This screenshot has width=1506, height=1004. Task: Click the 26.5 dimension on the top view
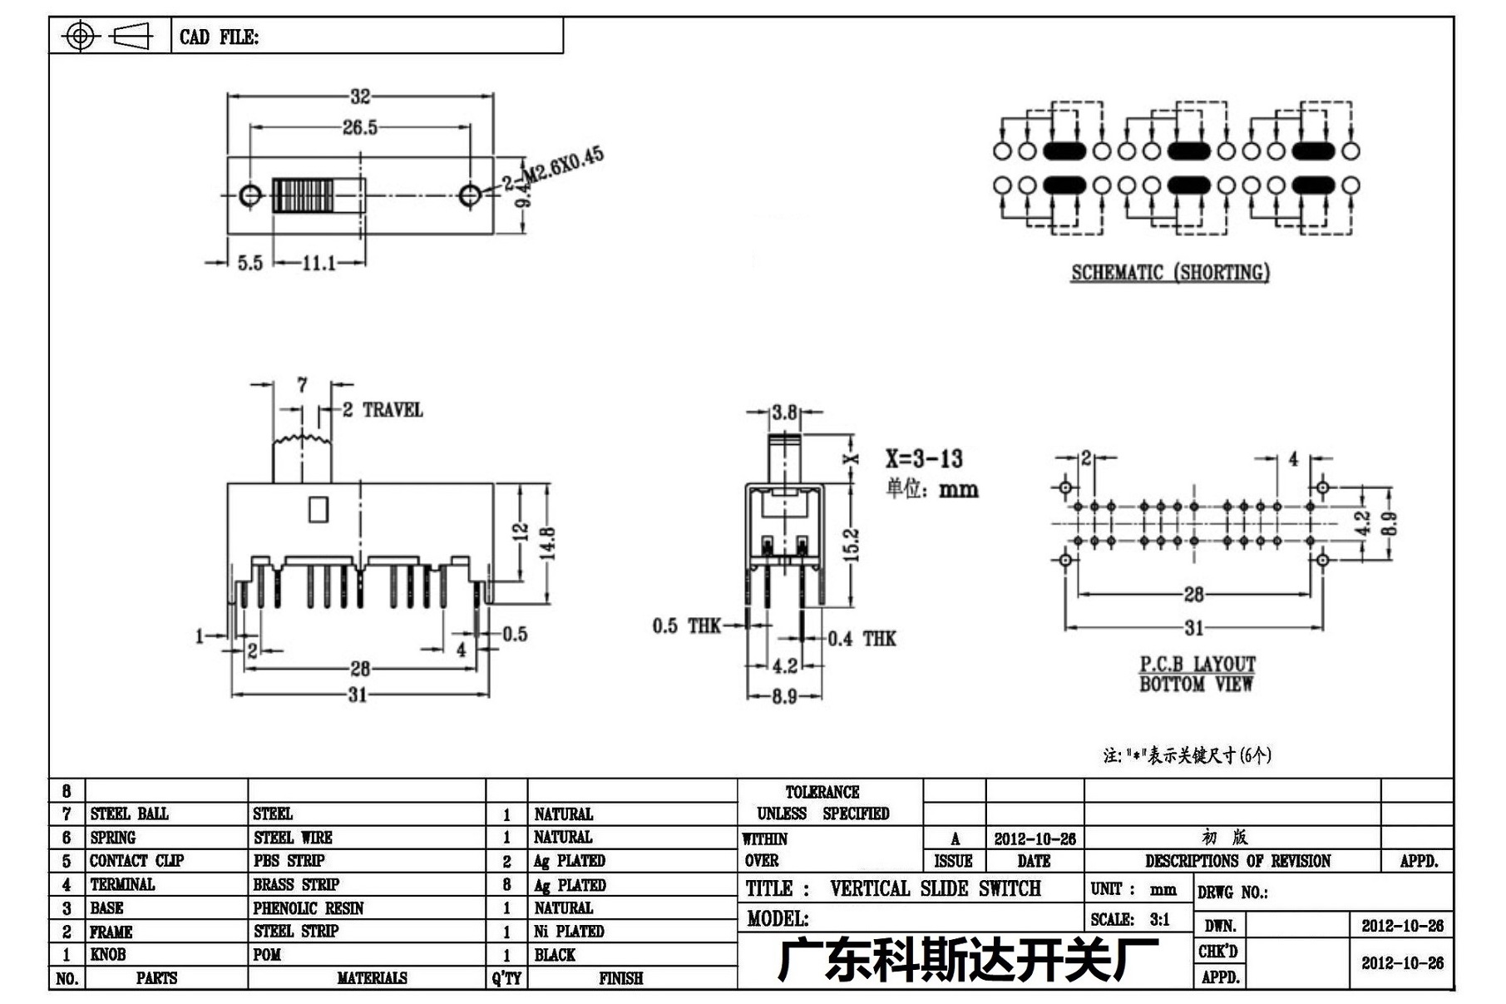(x=359, y=127)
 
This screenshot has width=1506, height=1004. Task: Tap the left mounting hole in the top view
(x=249, y=195)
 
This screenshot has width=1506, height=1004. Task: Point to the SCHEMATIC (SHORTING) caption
(x=1170, y=273)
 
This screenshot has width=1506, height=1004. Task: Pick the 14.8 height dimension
(x=547, y=544)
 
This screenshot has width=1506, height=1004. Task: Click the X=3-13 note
(x=924, y=458)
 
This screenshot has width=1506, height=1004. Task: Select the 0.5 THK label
(x=686, y=626)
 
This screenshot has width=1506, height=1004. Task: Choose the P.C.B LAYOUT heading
(x=1197, y=664)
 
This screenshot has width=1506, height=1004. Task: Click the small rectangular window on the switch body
(x=318, y=509)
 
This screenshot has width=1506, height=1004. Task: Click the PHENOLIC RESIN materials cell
(x=309, y=908)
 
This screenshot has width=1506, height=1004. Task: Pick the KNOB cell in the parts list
(x=108, y=955)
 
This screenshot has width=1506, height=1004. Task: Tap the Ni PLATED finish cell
(x=569, y=932)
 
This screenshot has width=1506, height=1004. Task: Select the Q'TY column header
(x=506, y=978)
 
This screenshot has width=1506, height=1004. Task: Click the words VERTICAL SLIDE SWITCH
(x=936, y=888)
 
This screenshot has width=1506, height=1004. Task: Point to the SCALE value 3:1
(x=1160, y=919)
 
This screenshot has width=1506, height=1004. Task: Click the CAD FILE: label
(x=219, y=37)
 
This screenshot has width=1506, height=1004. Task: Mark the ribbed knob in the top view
(x=303, y=195)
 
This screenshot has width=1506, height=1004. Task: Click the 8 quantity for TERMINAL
(x=506, y=885)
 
